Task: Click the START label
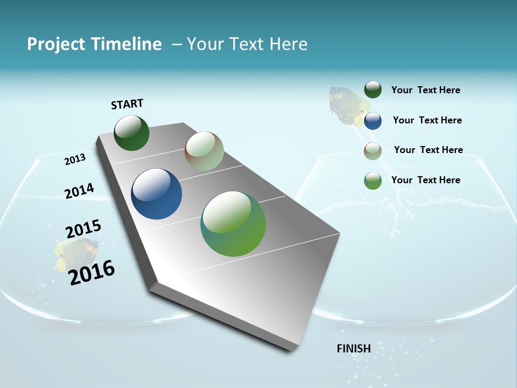127,104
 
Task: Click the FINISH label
353,349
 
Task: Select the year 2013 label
75,160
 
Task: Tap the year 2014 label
79,191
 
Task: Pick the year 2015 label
83,229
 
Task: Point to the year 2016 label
92,273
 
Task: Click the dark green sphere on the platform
131,133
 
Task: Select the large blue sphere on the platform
156,194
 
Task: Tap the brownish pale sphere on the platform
204,151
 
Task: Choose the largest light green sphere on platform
233,224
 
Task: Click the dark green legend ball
373,90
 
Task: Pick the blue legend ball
373,121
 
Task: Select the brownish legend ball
373,151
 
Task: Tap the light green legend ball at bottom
373,181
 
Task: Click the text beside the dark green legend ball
425,91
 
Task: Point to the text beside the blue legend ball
427,120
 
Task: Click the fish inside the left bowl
76,253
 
